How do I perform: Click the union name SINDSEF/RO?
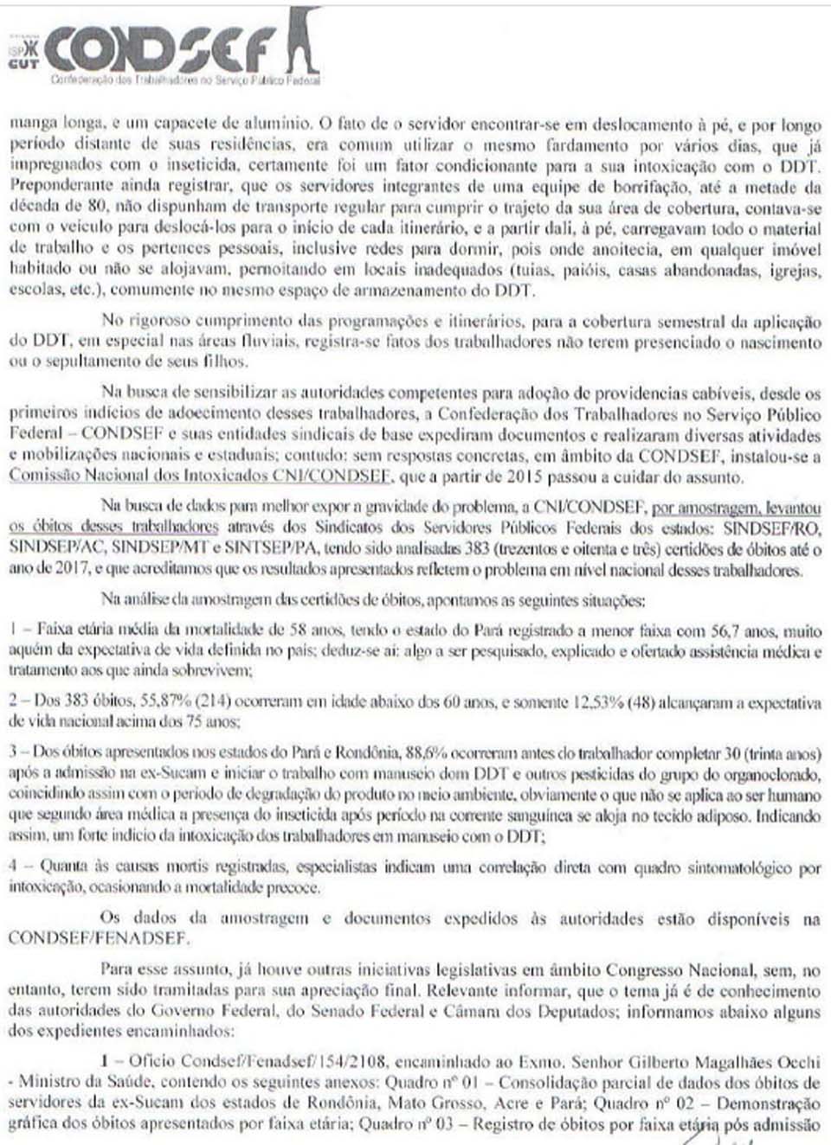(771, 527)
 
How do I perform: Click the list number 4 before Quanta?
(13, 867)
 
